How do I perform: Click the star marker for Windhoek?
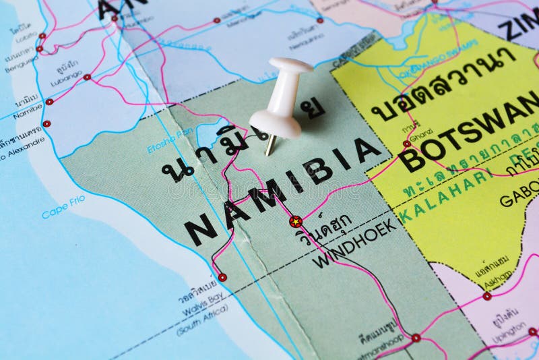click(294, 220)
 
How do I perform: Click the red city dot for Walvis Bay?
click(222, 277)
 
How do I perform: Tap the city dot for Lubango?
click(87, 78)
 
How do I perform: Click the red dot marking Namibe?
click(49, 102)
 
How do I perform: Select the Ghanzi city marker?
click(407, 143)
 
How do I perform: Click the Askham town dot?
click(486, 295)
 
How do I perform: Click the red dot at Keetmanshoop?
click(416, 337)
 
